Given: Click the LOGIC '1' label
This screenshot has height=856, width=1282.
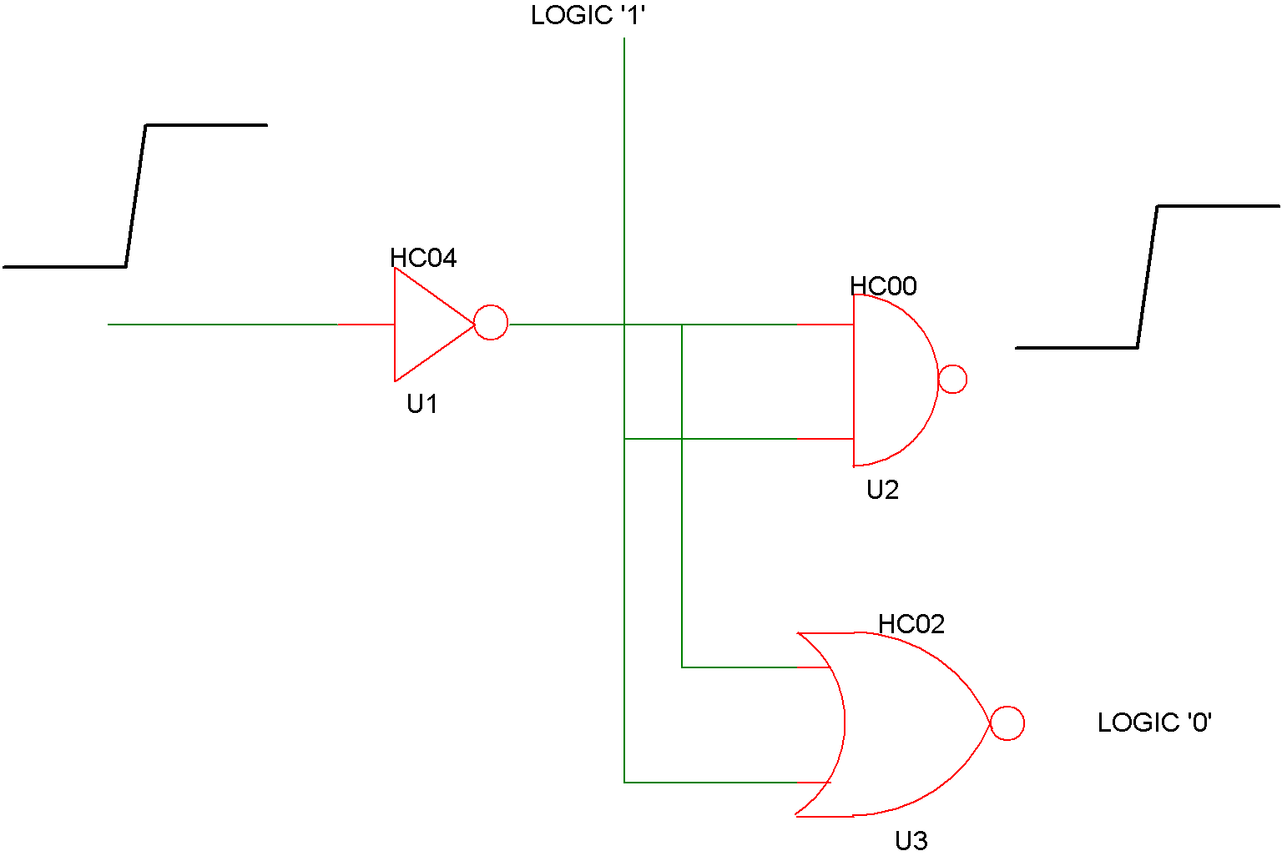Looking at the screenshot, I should coord(588,16).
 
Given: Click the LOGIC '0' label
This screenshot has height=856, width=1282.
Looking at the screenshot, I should coord(1154,723).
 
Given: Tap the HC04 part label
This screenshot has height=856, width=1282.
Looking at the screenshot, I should coord(423,258).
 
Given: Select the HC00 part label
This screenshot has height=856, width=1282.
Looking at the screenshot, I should coord(883,286).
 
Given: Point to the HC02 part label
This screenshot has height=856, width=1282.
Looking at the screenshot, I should coord(911,624).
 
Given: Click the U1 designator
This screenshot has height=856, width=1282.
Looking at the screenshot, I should coord(421,404).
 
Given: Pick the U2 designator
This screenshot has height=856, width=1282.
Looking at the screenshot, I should coord(882,490).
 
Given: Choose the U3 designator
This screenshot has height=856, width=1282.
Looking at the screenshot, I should coord(911,841).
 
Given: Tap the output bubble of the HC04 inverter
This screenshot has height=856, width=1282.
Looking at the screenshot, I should coord(491,323).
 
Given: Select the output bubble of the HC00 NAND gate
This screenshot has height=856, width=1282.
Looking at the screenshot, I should coord(952,380).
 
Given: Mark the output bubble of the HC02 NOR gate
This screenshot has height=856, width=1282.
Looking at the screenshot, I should coord(1007,723).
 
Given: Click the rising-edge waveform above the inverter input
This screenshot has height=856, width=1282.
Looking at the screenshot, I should coord(136,196).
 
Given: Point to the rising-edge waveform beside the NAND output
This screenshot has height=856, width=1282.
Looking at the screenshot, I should coord(1148,276).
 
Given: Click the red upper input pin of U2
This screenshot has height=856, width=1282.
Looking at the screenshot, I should coord(825,325).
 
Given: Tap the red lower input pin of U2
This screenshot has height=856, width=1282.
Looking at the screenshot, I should coord(825,439).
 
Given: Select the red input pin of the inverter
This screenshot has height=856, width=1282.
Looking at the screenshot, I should coord(366,325).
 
